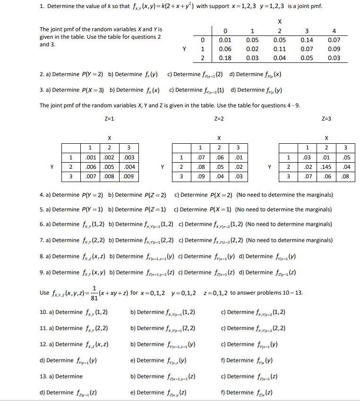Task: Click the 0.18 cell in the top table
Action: (225, 58)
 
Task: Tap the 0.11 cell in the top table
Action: (280, 49)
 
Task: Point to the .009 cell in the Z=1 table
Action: (128, 177)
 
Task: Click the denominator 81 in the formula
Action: (94, 298)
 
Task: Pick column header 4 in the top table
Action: (334, 31)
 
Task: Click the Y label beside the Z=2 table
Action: (162, 166)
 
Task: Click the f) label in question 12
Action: (223, 360)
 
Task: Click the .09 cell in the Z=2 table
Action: (200, 177)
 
